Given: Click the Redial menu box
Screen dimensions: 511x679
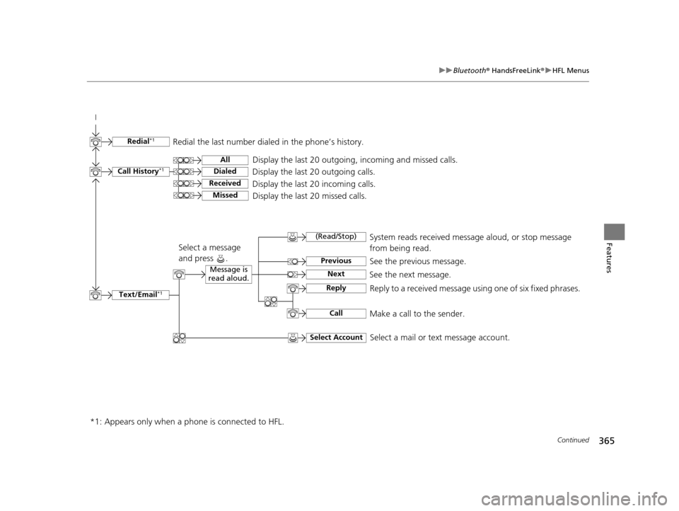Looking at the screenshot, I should pyautogui.click(x=140, y=142).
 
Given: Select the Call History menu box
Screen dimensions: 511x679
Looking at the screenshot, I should pyautogui.click(x=140, y=171).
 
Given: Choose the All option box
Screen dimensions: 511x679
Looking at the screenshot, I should pyautogui.click(x=224, y=160).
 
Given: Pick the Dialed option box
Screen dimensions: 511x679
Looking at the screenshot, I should pyautogui.click(x=224, y=171).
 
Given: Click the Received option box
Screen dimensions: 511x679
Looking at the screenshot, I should pyautogui.click(x=224, y=183).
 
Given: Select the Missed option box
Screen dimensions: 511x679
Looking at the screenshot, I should pyautogui.click(x=224, y=195).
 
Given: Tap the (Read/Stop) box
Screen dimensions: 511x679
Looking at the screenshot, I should pyautogui.click(x=336, y=236).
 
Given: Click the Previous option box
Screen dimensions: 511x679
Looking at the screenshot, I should pyautogui.click(x=336, y=261).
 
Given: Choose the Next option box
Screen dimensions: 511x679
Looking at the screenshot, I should pyautogui.click(x=336, y=274).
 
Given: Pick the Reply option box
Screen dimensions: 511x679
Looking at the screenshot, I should pyautogui.click(x=336, y=288).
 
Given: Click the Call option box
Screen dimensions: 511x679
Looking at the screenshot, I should pyautogui.click(x=336, y=313).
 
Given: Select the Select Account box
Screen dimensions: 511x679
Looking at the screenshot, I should pyautogui.click(x=336, y=338).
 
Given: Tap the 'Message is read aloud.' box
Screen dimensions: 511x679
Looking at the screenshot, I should pyautogui.click(x=228, y=274).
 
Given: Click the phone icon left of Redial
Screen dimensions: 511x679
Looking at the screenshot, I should pyautogui.click(x=95, y=142).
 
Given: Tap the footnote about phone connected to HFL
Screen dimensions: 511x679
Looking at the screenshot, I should pyautogui.click(x=187, y=423).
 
